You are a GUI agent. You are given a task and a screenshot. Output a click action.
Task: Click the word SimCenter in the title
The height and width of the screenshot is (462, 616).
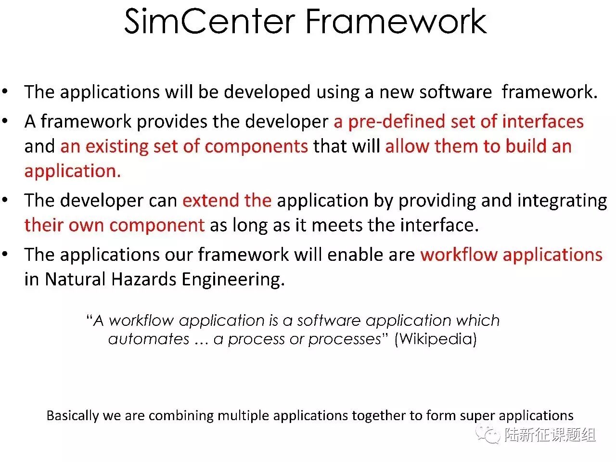[210, 21]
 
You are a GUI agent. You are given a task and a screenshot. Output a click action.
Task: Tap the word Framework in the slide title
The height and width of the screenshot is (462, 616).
[396, 21]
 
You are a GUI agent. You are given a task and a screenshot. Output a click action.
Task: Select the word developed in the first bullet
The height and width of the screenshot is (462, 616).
[267, 92]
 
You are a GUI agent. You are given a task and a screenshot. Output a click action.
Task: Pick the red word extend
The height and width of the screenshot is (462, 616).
[211, 200]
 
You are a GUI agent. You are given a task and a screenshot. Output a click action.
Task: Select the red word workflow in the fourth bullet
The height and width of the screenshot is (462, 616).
[459, 255]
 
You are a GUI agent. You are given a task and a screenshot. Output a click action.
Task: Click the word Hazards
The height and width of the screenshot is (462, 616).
[144, 279]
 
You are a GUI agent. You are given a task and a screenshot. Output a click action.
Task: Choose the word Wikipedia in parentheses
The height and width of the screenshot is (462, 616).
[436, 339]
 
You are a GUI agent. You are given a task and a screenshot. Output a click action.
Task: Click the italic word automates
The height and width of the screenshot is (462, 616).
[149, 339]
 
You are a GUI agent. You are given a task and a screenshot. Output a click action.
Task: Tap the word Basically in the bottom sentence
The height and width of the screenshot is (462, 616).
[72, 416]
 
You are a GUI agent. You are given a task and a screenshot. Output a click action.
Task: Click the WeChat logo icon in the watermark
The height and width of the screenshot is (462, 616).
[488, 434]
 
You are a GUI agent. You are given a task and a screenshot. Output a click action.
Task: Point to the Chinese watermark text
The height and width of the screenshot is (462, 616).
[550, 435]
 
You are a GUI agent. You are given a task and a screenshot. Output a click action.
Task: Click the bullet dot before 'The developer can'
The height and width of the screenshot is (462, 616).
[5, 200]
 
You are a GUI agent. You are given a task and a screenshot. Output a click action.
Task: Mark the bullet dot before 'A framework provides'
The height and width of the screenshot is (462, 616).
[5, 121]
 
